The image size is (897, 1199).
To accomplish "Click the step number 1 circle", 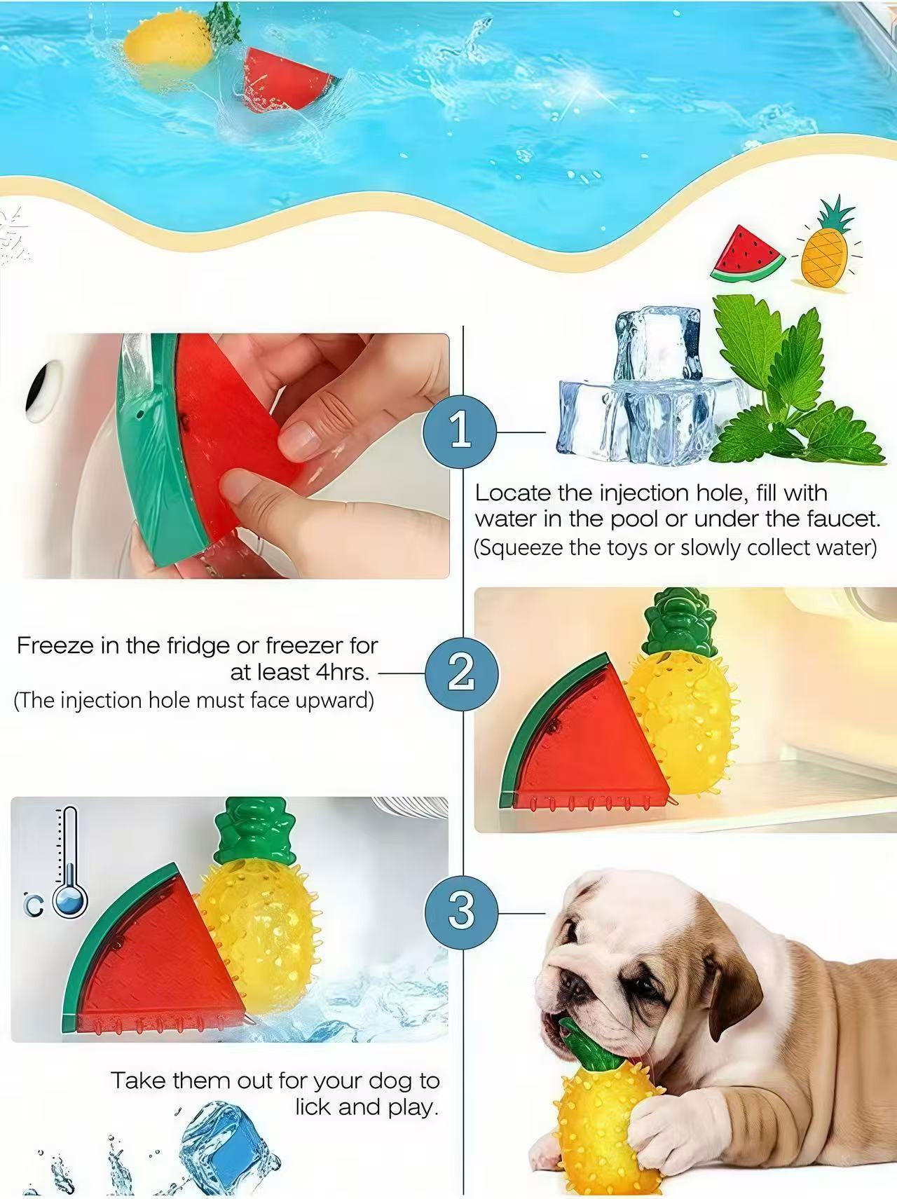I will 460,431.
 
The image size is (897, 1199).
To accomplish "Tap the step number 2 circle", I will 461,673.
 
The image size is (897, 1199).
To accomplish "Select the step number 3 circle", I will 460,910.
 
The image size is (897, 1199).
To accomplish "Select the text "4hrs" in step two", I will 341,672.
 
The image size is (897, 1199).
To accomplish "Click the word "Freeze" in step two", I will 55,645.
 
